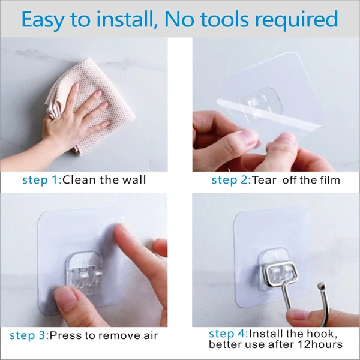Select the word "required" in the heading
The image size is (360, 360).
(296, 20)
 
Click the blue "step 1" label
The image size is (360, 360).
(41, 179)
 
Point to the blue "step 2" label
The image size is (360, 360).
(230, 179)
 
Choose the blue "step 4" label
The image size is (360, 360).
(227, 333)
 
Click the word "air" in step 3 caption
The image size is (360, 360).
(150, 335)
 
